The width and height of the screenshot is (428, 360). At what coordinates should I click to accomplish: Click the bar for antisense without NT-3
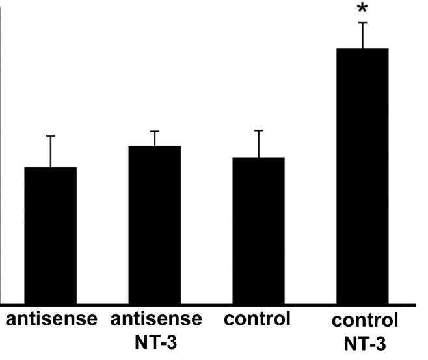pos(51,234)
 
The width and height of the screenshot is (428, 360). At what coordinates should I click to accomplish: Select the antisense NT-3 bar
pos(155,225)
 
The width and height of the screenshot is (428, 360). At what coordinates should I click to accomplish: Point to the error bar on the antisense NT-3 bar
pos(155,138)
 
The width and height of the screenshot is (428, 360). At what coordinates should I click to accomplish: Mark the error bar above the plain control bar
pos(258,143)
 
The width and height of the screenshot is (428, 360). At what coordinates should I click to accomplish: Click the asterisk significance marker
pos(362,10)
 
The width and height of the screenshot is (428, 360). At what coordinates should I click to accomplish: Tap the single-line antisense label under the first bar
pos(51,320)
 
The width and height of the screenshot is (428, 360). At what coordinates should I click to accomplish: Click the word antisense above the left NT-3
pos(156,320)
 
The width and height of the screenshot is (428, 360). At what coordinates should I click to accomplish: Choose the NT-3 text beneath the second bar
pos(156,342)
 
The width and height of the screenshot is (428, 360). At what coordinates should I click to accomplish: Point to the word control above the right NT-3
pos(364,321)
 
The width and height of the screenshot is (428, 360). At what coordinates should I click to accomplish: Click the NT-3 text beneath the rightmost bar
pos(364,343)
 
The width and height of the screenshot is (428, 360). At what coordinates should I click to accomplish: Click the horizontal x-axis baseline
pos(208,304)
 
